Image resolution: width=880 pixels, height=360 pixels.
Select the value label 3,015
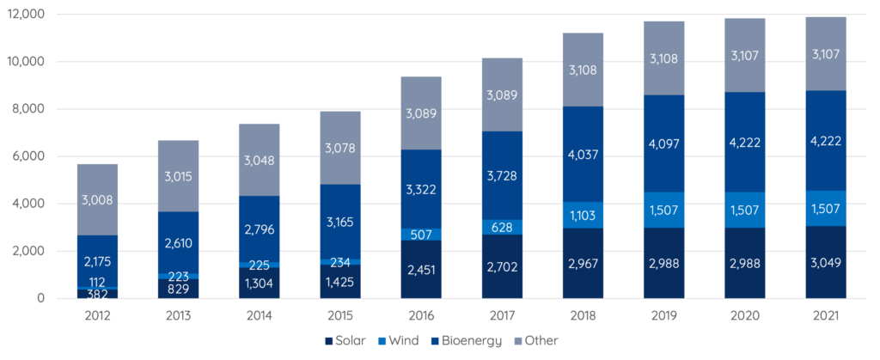178,176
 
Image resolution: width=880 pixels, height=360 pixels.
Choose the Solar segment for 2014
260,283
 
